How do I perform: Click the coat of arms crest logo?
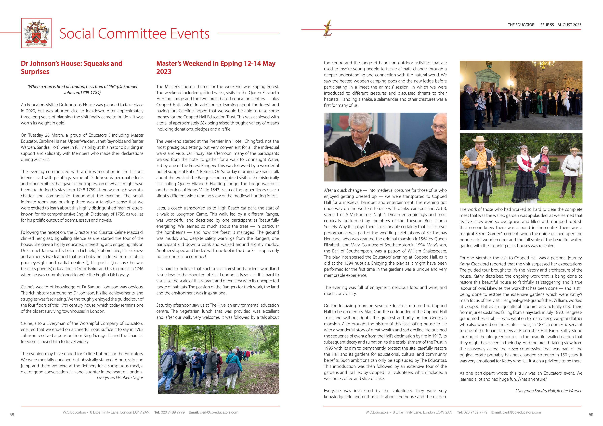coord(36,33)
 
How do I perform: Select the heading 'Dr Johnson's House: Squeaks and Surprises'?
coord(71,67)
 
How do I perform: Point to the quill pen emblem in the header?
coord(328,28)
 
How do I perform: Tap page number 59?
coord(591,415)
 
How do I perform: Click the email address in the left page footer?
coord(219,412)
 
